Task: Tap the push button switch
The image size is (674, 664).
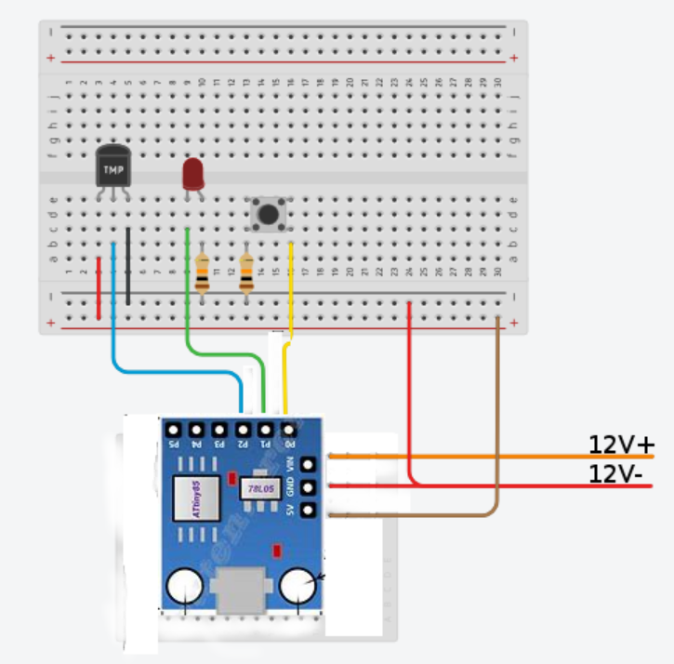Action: [x=269, y=214]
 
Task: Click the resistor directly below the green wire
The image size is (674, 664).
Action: [x=202, y=274]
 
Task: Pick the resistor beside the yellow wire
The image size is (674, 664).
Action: [x=246, y=274]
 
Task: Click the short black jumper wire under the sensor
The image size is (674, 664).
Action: [x=127, y=265]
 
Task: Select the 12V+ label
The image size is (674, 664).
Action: [x=621, y=445]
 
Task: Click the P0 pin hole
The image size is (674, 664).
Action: [x=288, y=431]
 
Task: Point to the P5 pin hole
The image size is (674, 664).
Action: [x=173, y=431]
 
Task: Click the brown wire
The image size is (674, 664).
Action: [x=497, y=418]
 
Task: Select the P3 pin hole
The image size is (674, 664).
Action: [x=219, y=431]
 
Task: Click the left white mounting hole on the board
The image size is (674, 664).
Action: [x=185, y=588]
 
